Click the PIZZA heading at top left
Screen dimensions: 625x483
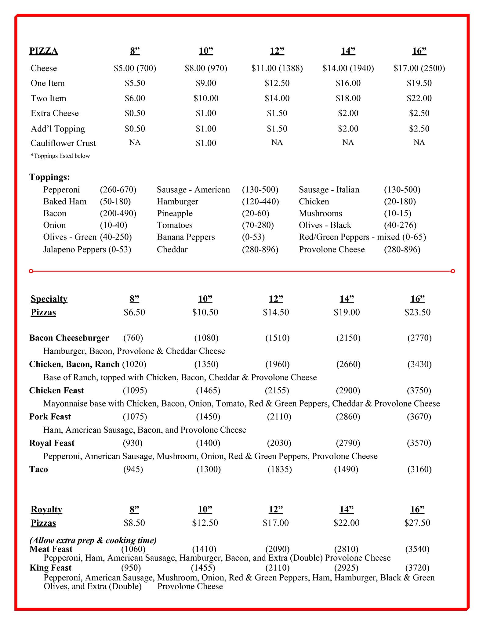coord(43,51)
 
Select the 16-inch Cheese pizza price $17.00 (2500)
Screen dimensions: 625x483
coord(419,68)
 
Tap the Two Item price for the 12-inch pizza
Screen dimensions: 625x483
coord(277,98)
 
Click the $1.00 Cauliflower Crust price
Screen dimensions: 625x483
coord(206,143)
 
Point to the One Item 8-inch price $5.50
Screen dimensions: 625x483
coord(135,83)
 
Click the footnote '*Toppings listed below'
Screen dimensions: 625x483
coord(60,156)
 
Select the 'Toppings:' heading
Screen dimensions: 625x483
coord(49,177)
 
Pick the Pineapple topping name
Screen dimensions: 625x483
coord(175,213)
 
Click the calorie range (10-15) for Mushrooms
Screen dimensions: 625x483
coord(398,213)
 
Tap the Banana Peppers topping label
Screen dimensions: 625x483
coord(186,237)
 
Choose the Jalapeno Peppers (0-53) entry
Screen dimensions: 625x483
coord(87,249)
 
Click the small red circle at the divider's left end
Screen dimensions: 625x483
coord(31,271)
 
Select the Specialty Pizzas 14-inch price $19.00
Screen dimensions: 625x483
coord(347,312)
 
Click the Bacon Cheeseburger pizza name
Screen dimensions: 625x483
coord(69,338)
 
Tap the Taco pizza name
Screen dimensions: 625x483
coord(38,469)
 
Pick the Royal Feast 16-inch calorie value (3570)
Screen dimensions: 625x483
coord(419,443)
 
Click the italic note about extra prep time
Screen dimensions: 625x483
coord(93,540)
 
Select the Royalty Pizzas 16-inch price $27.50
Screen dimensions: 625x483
coord(417,523)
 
